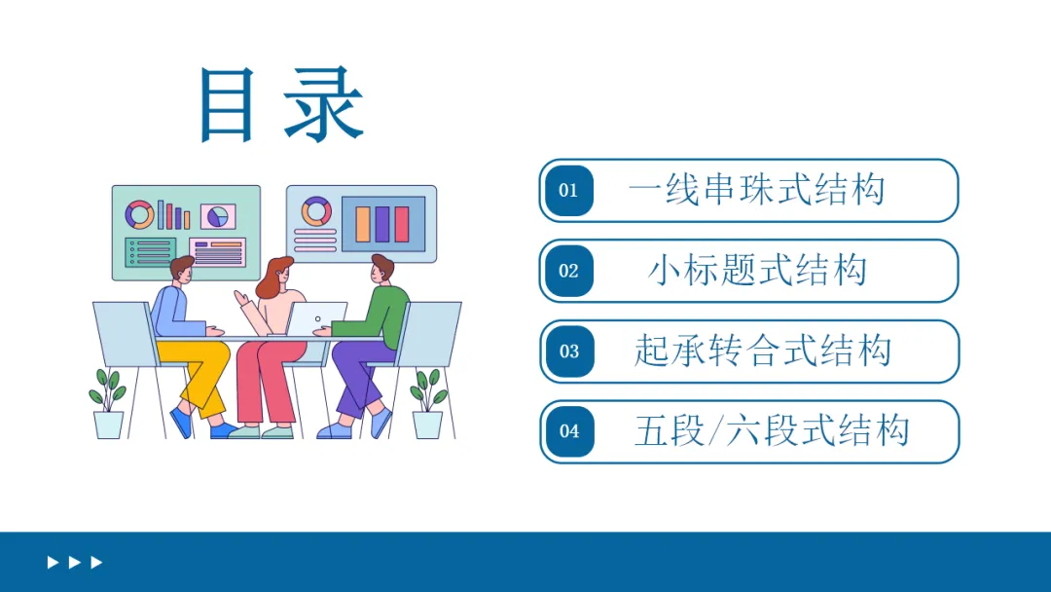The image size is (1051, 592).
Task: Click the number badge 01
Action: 568,191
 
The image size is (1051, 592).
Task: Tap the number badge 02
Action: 568,271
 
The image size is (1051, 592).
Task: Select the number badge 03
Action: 568,351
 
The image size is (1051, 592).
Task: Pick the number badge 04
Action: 568,431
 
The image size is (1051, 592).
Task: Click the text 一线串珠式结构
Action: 756,190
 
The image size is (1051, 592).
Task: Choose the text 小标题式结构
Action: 756,270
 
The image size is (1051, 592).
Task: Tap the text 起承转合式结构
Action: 762,351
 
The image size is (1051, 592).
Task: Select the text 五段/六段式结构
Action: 771,430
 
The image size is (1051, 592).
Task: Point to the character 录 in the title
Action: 324,106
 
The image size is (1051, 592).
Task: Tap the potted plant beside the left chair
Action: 108,404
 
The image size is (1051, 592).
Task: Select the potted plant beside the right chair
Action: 427,404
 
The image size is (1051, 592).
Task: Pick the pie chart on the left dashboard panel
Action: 219,215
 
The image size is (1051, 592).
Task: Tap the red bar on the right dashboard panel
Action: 402,224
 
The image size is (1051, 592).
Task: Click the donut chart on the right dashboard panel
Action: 316,210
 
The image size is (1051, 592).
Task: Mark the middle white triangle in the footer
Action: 74,563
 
